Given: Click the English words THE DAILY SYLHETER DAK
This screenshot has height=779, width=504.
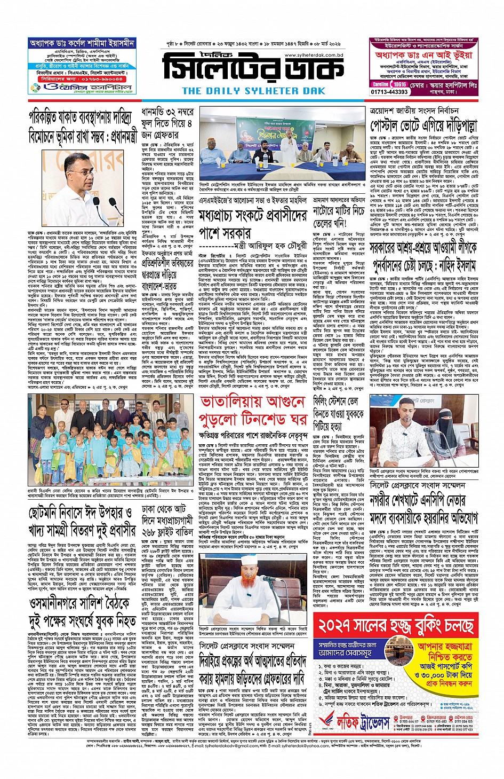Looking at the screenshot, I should click(253, 91).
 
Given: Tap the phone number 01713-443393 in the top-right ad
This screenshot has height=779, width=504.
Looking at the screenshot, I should click(390, 92).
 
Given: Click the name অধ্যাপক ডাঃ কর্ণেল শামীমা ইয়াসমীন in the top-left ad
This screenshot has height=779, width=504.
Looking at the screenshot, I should click(82, 43).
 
